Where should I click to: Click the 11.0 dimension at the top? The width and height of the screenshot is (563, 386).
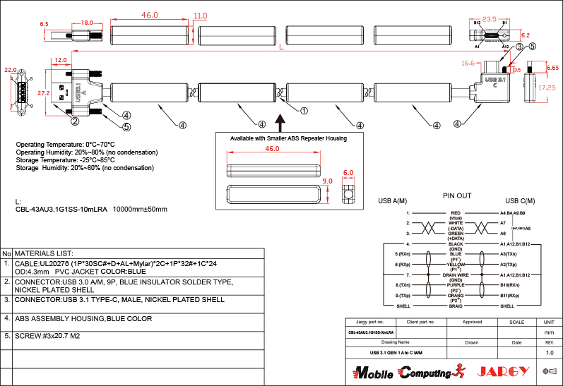200,16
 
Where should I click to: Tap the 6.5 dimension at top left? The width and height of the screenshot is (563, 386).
44,24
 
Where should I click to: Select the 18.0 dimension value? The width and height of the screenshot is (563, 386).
87,23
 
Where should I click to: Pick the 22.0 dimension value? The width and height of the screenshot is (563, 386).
11,71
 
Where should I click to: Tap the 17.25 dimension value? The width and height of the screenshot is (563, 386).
547,89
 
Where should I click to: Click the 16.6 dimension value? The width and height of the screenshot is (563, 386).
468,63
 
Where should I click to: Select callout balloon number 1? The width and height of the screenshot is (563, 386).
304,111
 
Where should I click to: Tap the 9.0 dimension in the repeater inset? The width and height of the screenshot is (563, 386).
326,181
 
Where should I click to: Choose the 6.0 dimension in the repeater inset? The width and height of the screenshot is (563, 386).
348,173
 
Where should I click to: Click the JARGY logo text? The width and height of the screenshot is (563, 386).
503,371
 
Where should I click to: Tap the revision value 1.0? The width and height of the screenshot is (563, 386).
549,352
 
